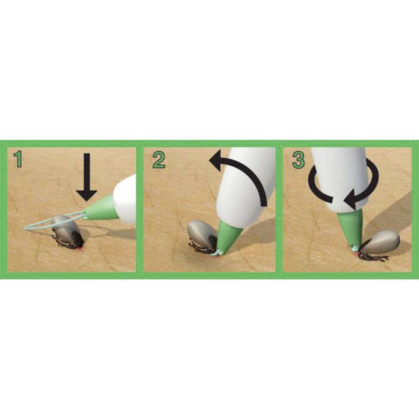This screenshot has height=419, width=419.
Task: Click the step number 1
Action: click(x=18, y=159)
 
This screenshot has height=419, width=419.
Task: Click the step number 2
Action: click(x=159, y=160)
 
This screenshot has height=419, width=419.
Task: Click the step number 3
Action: click(x=298, y=160)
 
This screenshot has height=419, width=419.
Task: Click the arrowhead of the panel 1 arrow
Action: click(x=86, y=195)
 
